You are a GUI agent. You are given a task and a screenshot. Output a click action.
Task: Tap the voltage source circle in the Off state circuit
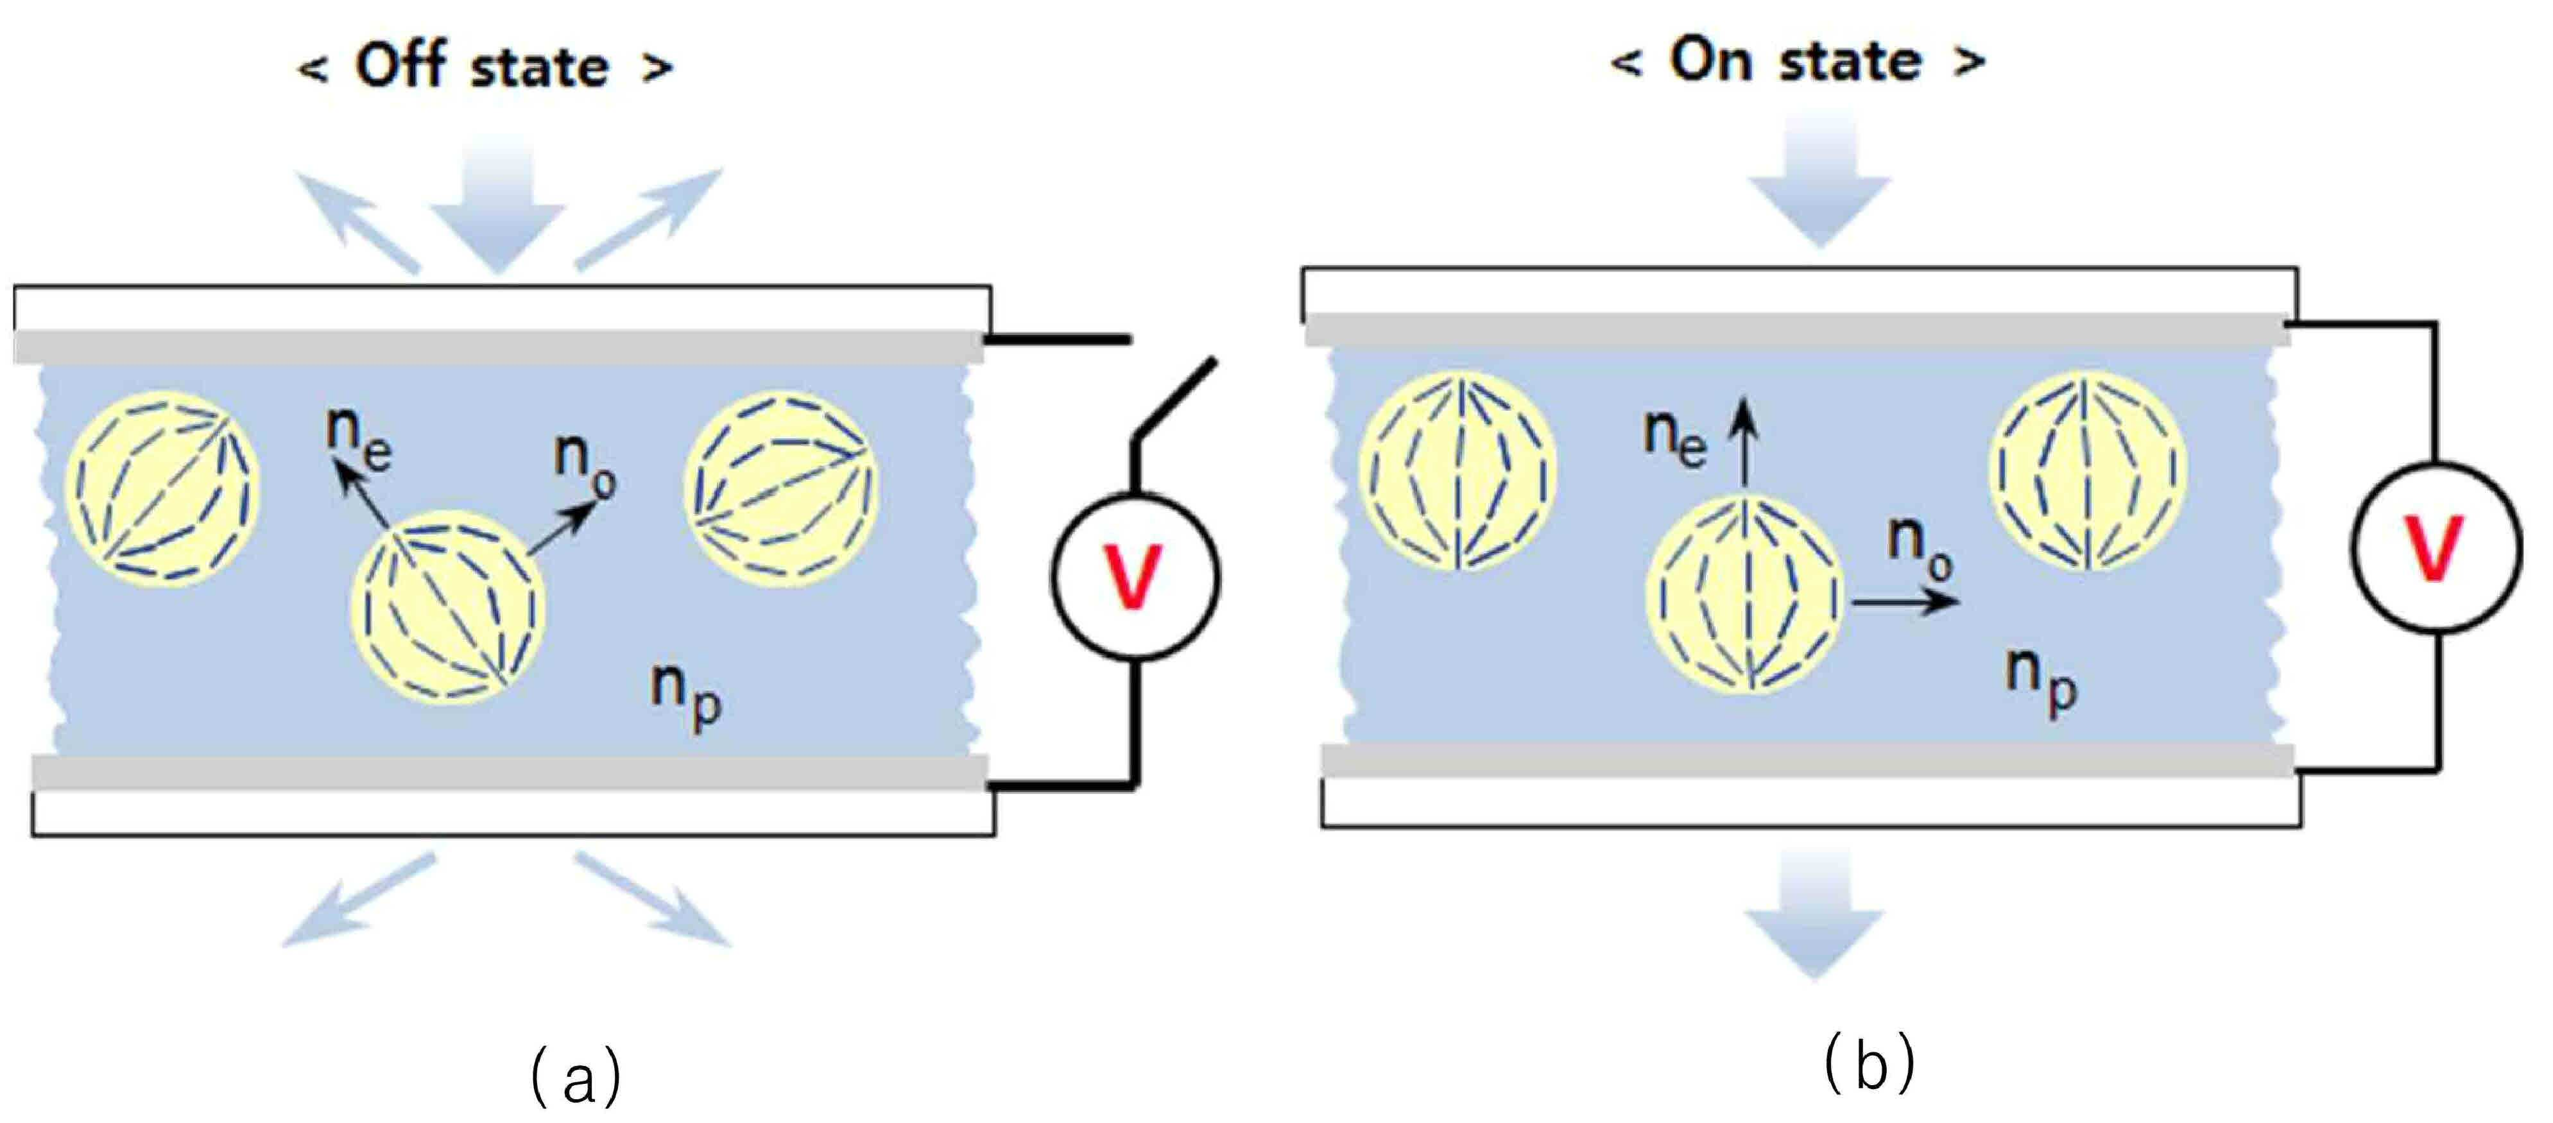[1136, 576]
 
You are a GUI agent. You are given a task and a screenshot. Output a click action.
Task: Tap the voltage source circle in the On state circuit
[2436, 547]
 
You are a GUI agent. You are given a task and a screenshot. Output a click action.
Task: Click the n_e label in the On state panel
[1675, 437]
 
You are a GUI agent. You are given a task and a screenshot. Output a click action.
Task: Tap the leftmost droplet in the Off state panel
[162, 488]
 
